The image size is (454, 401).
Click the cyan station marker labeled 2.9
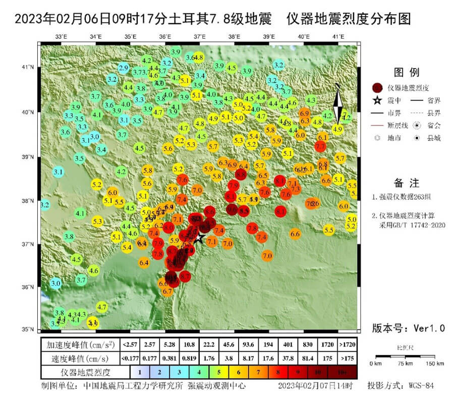123,68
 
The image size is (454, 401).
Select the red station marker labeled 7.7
320,147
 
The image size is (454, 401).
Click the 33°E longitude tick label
62,37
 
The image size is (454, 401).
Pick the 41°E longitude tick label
338,37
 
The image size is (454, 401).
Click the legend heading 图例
406,72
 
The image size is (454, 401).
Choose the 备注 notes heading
406,183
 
